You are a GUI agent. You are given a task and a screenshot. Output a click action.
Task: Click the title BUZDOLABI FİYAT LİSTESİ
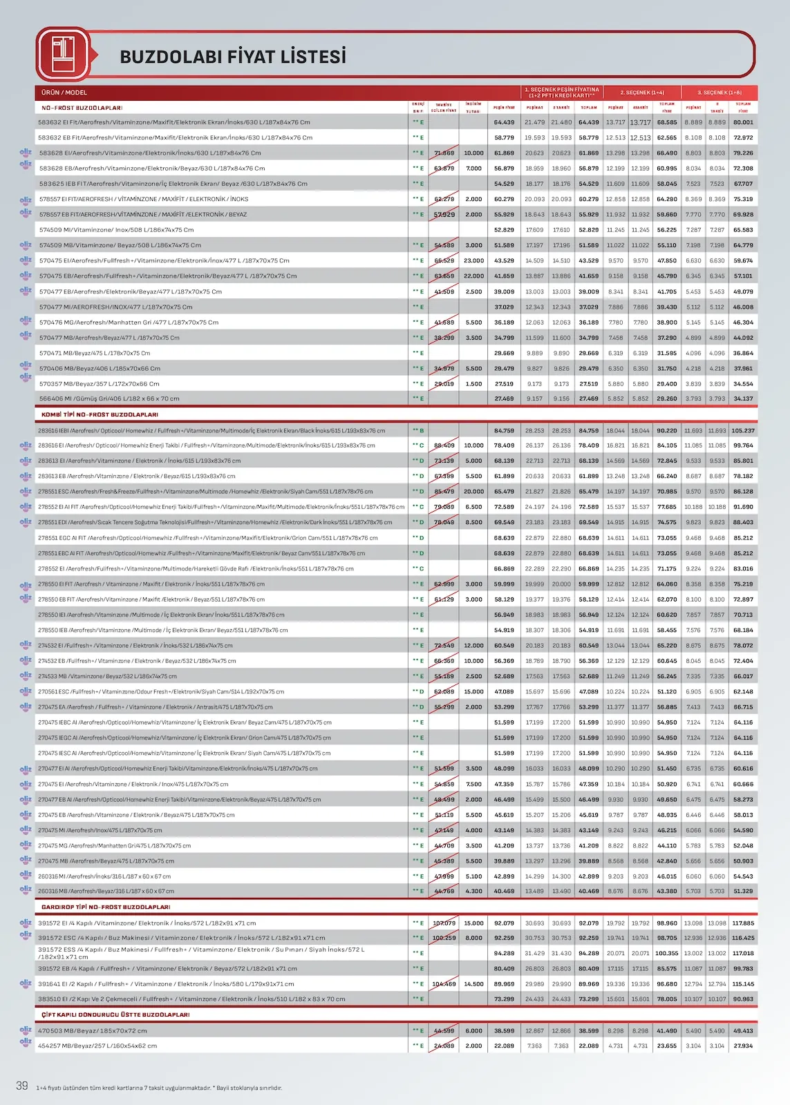[x=233, y=57]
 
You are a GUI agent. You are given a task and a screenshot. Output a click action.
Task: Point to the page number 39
[x=22, y=1086]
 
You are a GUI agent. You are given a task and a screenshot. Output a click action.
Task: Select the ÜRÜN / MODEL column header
[x=64, y=93]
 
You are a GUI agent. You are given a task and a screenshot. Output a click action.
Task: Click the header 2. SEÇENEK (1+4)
[x=641, y=93]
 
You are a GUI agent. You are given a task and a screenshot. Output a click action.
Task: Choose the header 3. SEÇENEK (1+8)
[x=719, y=93]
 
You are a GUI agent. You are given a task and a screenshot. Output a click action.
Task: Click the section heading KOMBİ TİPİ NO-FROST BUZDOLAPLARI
[x=100, y=414]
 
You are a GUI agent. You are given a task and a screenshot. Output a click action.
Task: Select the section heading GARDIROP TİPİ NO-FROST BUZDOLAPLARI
[x=106, y=907]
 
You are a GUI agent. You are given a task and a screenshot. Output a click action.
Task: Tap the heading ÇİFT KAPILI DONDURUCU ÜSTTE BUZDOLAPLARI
[x=115, y=1015]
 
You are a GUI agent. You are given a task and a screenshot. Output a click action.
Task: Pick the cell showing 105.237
[x=743, y=430]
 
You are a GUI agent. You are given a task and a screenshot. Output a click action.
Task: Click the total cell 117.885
[x=743, y=923]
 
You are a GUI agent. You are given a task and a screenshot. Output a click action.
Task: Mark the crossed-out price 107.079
[x=444, y=923]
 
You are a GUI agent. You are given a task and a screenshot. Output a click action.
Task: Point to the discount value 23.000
[x=473, y=260]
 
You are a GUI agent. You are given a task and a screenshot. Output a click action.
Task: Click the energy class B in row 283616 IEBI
[x=421, y=430]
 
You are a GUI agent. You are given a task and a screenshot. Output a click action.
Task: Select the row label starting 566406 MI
[x=109, y=398]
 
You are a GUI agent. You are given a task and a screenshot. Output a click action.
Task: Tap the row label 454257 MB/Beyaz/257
[x=97, y=1046]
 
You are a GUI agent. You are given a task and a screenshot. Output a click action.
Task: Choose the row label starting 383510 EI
[x=191, y=999]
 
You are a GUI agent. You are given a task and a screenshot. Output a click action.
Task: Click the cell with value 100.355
[x=667, y=953]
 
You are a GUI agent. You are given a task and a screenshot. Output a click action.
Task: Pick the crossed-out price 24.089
[x=444, y=1046]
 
